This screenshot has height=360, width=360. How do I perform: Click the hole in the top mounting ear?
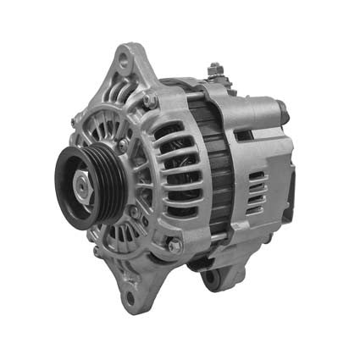(126, 62)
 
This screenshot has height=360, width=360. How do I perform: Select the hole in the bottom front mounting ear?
(129, 297)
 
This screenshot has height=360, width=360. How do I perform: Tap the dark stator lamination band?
(222, 169)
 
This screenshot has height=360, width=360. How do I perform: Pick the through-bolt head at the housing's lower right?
(174, 246)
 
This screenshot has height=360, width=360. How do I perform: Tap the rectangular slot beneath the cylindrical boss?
(246, 136)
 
